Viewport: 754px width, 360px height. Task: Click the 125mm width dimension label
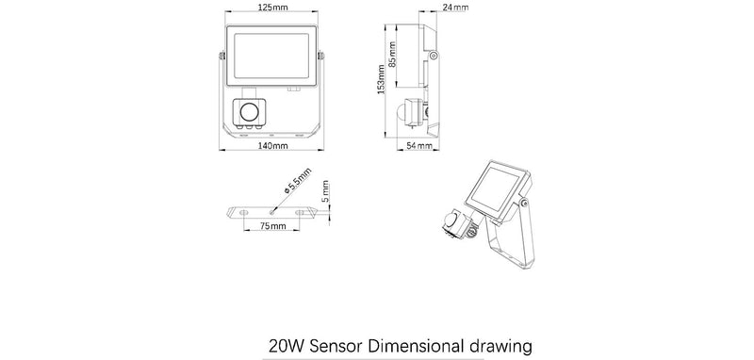click(272, 8)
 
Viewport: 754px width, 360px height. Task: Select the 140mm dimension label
click(272, 147)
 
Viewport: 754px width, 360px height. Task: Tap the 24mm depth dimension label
click(454, 8)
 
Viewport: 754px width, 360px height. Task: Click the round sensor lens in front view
click(250, 112)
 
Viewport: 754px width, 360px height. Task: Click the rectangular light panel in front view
click(271, 56)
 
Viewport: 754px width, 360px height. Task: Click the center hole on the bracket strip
click(272, 212)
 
